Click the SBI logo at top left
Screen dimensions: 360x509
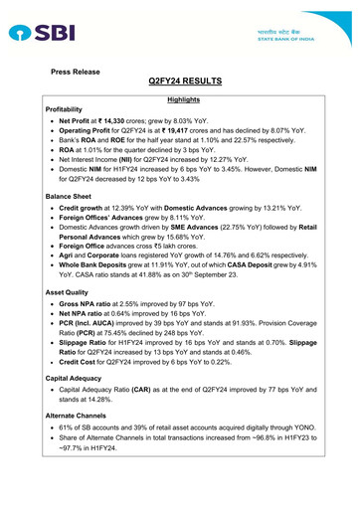(40, 34)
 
